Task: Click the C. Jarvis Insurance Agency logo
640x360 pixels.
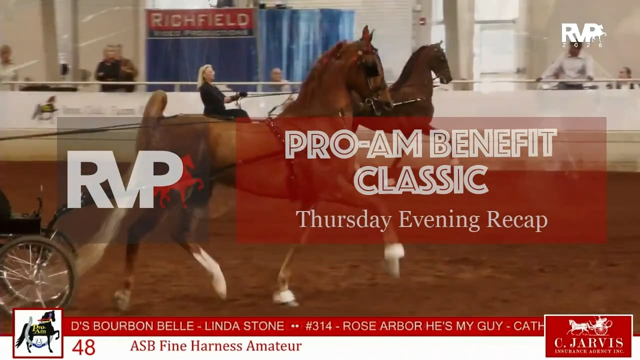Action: click(x=588, y=336)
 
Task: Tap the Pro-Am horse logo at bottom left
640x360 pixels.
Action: click(x=38, y=333)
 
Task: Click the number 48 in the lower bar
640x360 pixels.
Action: click(x=83, y=346)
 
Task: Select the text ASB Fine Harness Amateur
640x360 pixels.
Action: click(x=215, y=345)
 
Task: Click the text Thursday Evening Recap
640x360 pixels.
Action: click(x=421, y=219)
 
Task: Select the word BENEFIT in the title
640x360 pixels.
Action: click(x=492, y=144)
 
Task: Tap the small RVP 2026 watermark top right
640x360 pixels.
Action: click(x=583, y=35)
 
